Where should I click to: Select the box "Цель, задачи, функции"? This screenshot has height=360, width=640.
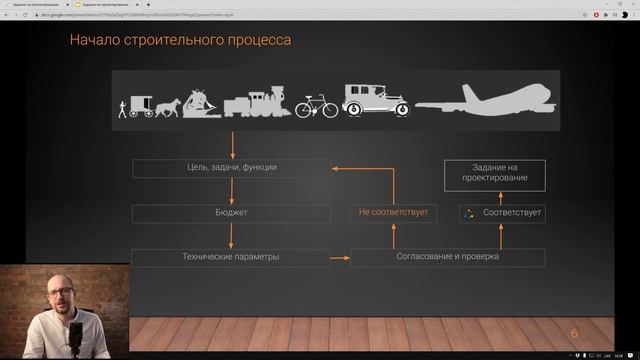point(231,167)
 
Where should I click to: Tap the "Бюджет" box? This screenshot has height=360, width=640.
point(231,213)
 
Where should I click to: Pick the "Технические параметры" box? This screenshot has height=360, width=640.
point(231,257)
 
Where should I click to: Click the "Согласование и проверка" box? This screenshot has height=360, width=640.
point(447,257)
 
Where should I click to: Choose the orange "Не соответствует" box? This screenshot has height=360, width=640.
point(393,213)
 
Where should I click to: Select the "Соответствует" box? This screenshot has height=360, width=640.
point(503,213)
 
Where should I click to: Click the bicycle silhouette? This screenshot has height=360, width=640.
point(315,105)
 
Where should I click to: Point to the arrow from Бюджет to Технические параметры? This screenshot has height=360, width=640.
point(231,235)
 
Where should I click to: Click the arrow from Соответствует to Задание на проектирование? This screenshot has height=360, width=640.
point(503,198)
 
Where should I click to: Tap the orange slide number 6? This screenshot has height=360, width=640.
point(574,334)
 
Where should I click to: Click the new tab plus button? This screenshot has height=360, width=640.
point(149,4)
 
